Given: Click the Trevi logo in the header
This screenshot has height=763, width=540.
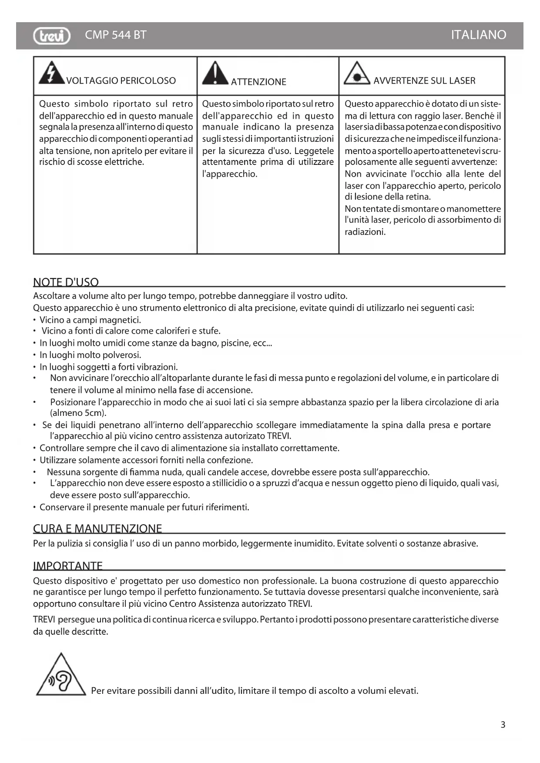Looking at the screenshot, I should [x=51, y=36].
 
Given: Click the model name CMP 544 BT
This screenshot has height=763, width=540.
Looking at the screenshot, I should [x=116, y=35].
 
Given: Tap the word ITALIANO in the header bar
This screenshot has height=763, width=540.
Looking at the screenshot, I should [x=478, y=35].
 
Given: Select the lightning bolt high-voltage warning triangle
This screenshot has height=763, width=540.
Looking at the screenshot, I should [x=51, y=73].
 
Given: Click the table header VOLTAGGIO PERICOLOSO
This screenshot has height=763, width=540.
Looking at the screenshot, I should [x=121, y=81].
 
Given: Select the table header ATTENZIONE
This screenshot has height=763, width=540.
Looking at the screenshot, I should [x=258, y=82].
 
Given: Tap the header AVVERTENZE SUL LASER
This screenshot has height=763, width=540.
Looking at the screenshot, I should [x=424, y=80].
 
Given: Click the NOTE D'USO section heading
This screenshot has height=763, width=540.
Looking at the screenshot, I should [x=66, y=282].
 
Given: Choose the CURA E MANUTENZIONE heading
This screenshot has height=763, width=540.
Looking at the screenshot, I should [x=97, y=529].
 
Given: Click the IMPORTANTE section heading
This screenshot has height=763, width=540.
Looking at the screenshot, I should [x=68, y=566].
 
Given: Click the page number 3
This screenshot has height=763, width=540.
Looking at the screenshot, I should [x=503, y=725].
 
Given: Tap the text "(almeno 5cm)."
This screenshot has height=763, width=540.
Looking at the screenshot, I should [x=78, y=413].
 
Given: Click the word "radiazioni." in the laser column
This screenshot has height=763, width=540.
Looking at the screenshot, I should [x=365, y=232].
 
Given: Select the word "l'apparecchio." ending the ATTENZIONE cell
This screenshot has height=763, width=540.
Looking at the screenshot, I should [x=230, y=174].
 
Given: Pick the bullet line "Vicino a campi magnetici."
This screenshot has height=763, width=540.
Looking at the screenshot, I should [x=91, y=320].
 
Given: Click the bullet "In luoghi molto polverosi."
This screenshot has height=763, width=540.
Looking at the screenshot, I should [x=91, y=355].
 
